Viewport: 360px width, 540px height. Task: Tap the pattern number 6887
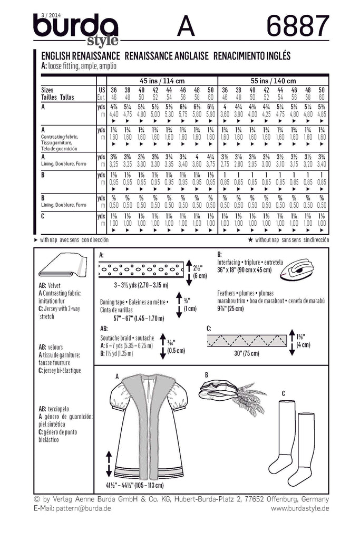click(298, 26)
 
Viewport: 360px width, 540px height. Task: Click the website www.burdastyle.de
click(300, 508)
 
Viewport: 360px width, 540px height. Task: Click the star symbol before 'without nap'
click(250, 239)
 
